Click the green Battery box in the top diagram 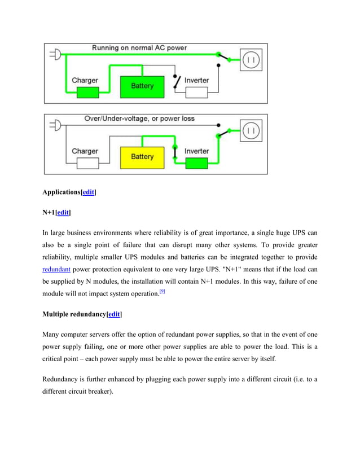point(142,86)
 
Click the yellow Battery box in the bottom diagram point(142,157)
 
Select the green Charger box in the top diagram point(85,92)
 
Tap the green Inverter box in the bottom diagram point(196,163)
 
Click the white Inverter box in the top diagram point(196,92)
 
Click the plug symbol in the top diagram point(55,55)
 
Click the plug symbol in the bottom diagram point(55,125)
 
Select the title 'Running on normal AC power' point(139,48)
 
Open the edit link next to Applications point(88,192)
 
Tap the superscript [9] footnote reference point(163,291)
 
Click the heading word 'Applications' point(62,192)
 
